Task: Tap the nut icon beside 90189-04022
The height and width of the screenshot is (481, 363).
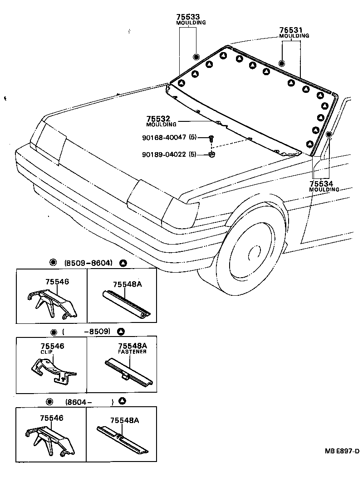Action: coord(211,155)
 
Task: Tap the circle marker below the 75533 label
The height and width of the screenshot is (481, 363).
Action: coord(196,57)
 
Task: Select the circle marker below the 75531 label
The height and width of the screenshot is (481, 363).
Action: coord(281,63)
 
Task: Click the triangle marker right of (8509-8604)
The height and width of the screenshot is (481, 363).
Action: coord(123,263)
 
